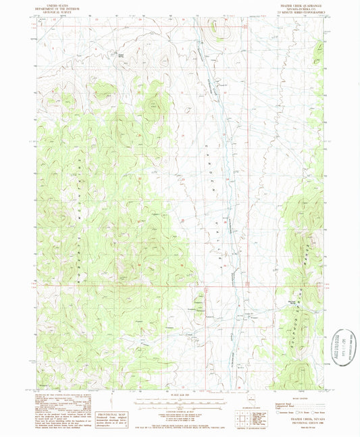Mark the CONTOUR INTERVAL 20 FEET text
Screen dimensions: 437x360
180,412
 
